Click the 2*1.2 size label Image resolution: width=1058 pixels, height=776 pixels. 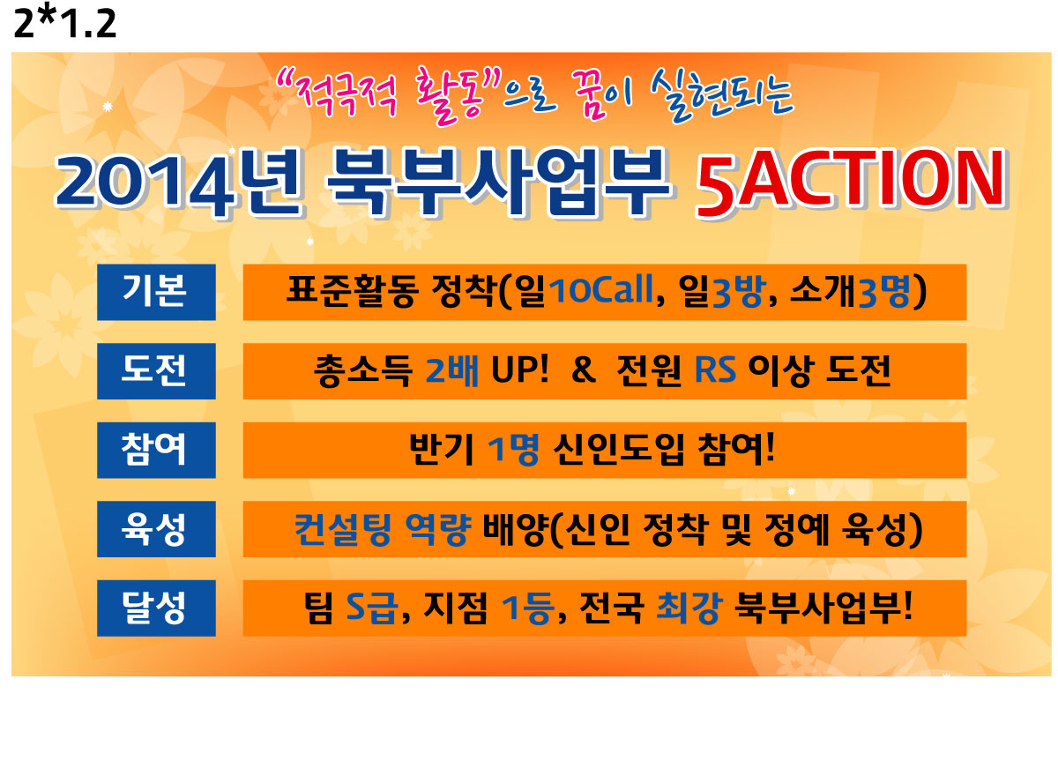pyautogui.click(x=65, y=23)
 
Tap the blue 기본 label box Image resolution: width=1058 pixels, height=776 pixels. pyautogui.click(x=156, y=293)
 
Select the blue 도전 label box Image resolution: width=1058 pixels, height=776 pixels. pyautogui.click(x=156, y=371)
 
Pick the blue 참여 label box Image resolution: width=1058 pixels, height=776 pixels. pyautogui.click(x=156, y=450)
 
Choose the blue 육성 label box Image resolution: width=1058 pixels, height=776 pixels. pyautogui.click(x=156, y=529)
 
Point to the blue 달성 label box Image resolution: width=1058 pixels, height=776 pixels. pyautogui.click(x=156, y=608)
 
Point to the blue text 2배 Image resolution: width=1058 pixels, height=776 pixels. pyautogui.click(x=452, y=370)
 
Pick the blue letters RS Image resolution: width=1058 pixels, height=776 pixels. pyautogui.click(x=715, y=370)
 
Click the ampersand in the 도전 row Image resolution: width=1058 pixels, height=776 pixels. pyautogui.click(x=584, y=370)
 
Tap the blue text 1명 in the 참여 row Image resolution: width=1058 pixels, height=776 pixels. pyautogui.click(x=513, y=450)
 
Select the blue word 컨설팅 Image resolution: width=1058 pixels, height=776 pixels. pyautogui.click(x=343, y=529)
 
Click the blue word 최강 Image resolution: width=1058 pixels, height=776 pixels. pyautogui.click(x=689, y=608)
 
